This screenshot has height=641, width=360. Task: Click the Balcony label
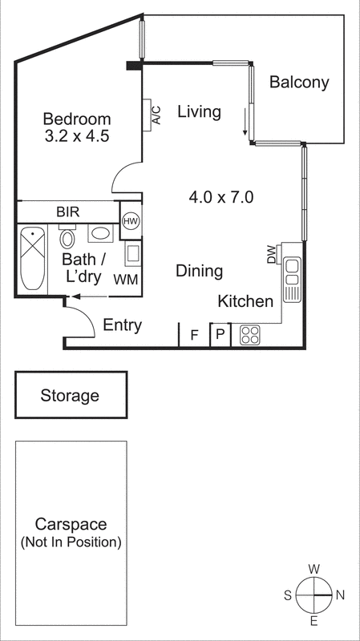(299, 82)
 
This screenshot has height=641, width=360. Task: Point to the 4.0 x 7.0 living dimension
(221, 196)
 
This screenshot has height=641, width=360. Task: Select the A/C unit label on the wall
(156, 115)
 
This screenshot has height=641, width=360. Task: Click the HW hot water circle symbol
(131, 220)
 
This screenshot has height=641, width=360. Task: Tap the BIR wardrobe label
(67, 212)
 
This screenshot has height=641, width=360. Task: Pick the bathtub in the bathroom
(32, 259)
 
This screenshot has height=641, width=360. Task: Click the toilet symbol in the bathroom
(67, 239)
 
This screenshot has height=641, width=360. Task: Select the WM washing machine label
(125, 280)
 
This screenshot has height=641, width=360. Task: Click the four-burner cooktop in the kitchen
(249, 335)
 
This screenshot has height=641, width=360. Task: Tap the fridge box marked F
(193, 335)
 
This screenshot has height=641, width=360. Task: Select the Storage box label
(71, 395)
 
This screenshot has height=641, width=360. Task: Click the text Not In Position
(71, 542)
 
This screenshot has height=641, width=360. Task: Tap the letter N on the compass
(339, 595)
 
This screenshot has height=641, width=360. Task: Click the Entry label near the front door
(123, 325)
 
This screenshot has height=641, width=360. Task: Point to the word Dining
(199, 272)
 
